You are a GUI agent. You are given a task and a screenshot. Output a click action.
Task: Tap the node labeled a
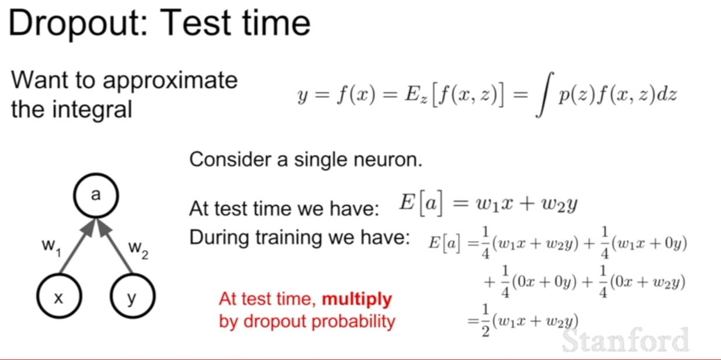click(x=96, y=195)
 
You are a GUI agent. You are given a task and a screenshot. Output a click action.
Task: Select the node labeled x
click(x=59, y=296)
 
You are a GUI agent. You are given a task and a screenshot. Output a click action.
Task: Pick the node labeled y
click(x=133, y=296)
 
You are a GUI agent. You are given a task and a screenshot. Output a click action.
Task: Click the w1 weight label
click(x=51, y=247)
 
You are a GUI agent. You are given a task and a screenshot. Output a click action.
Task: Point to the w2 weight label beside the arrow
click(x=138, y=249)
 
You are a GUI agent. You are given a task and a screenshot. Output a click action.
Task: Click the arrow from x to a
click(x=77, y=246)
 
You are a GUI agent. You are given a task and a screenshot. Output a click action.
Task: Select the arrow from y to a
click(x=115, y=246)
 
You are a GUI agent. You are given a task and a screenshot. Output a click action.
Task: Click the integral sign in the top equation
click(x=545, y=94)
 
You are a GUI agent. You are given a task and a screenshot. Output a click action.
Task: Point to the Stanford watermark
click(x=625, y=340)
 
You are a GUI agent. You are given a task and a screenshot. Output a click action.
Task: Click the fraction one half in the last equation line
click(x=486, y=320)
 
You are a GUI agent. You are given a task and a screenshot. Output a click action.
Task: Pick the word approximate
click(x=170, y=81)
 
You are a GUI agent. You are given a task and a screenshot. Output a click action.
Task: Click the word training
click(x=289, y=238)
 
